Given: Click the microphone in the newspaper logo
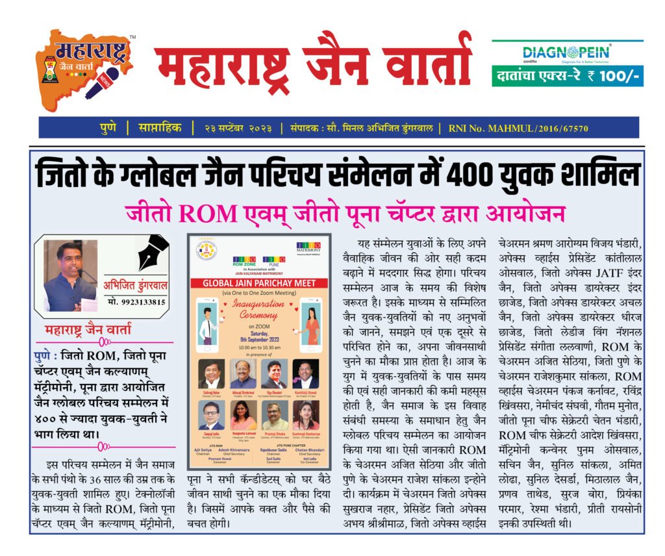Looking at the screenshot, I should [104, 81].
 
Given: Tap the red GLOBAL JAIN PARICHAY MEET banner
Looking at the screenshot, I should [259, 283].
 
